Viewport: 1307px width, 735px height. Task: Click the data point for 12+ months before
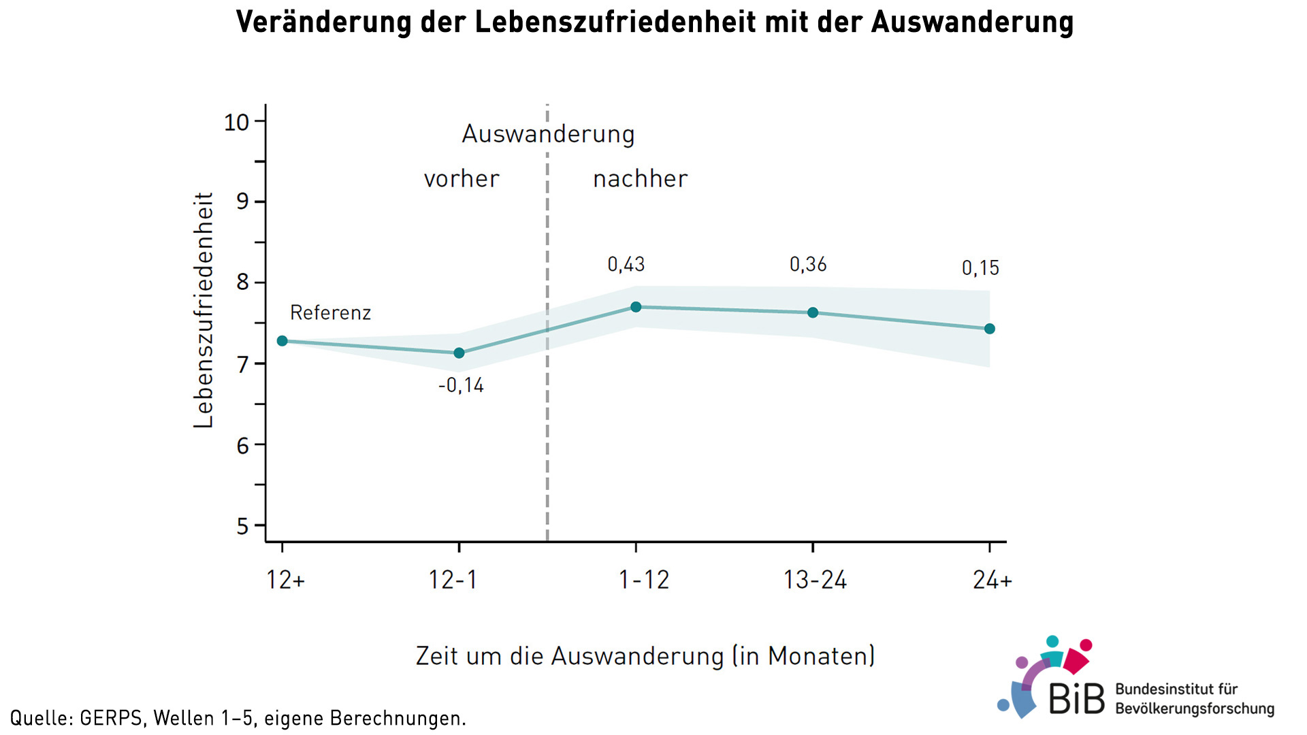click(283, 341)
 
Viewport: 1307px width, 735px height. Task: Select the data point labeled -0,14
click(459, 353)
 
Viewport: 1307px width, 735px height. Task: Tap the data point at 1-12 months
click(636, 307)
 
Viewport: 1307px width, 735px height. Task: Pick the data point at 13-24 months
click(813, 313)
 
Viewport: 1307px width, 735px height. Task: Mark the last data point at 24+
click(990, 329)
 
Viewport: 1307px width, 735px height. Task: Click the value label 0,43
click(626, 265)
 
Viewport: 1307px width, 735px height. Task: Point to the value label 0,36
click(808, 265)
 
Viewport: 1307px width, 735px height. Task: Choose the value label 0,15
click(980, 268)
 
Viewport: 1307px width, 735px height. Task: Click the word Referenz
click(330, 313)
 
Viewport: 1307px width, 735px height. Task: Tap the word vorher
click(462, 179)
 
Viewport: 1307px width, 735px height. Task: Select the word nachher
click(641, 179)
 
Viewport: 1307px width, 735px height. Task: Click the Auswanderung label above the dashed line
click(548, 134)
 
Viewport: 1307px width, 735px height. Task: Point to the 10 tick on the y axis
click(237, 122)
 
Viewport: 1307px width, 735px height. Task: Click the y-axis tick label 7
click(243, 365)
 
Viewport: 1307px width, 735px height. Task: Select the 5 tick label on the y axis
click(243, 527)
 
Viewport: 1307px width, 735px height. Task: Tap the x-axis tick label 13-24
click(815, 581)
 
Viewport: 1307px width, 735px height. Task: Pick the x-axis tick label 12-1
click(453, 581)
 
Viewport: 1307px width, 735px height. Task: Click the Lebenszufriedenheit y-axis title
click(204, 310)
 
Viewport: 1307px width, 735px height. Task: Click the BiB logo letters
click(1077, 699)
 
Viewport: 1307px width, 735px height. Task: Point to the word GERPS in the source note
click(111, 719)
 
